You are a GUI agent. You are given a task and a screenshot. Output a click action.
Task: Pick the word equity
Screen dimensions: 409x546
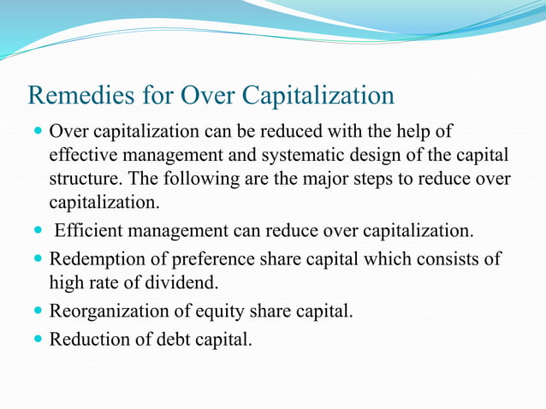pyautogui.click(x=217, y=311)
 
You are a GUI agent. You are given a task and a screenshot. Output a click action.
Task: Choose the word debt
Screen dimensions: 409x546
pyautogui.click(x=170, y=339)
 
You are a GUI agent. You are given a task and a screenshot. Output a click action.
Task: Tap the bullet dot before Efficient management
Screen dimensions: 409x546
pyautogui.click(x=37, y=232)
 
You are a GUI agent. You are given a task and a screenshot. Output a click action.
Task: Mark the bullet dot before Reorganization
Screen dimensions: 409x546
pyautogui.click(x=37, y=311)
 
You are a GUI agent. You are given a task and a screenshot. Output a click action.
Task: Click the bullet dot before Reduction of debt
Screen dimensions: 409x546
pyautogui.click(x=37, y=340)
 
